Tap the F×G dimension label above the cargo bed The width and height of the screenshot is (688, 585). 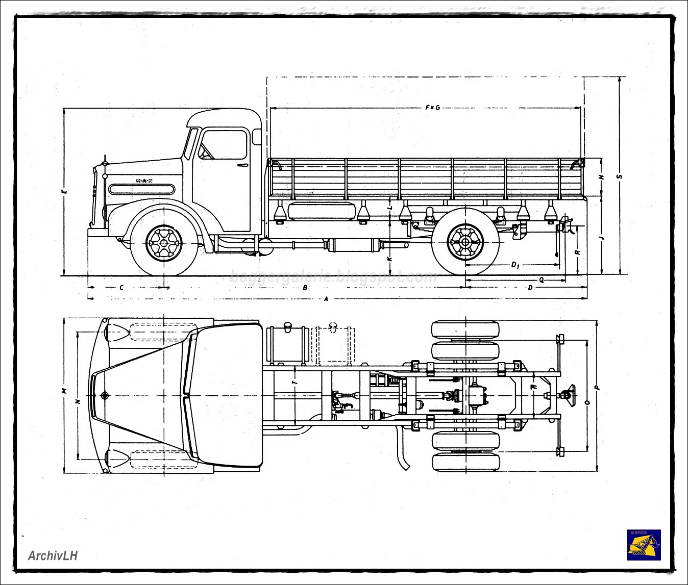click(x=432, y=108)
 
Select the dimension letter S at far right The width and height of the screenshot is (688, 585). click(x=620, y=176)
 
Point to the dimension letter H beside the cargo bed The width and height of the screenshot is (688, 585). click(x=602, y=176)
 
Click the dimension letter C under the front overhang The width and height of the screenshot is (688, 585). click(x=121, y=288)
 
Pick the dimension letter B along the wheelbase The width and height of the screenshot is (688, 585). click(x=305, y=288)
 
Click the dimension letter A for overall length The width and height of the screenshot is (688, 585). click(x=326, y=299)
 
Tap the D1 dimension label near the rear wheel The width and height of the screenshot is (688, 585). click(x=515, y=265)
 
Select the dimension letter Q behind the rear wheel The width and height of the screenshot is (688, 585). click(x=541, y=279)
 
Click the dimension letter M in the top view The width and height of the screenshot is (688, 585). click(x=64, y=391)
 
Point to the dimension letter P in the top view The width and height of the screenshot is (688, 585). click(x=597, y=388)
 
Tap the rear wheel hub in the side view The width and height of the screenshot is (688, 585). click(x=465, y=243)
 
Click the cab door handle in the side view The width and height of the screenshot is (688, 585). click(x=242, y=165)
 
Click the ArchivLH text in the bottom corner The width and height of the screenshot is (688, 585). click(x=53, y=555)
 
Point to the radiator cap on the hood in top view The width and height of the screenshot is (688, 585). click(x=105, y=396)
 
